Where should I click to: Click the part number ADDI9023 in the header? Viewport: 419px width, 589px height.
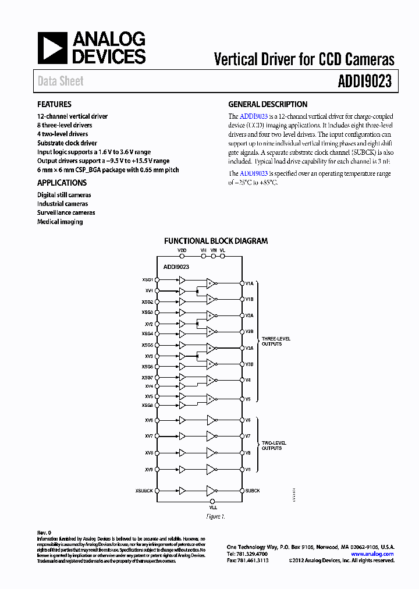click(x=364, y=81)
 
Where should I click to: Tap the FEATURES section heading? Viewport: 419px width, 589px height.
click(x=54, y=105)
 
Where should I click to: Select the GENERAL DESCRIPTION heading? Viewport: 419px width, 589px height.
click(x=268, y=105)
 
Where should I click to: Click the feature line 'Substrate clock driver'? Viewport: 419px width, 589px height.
click(x=67, y=143)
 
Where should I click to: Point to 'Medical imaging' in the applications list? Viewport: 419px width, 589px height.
click(x=60, y=222)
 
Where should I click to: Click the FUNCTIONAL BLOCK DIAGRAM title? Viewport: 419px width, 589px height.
click(x=216, y=241)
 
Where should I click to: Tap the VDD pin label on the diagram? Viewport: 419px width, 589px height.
click(x=182, y=250)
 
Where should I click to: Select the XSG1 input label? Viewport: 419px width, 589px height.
click(x=147, y=279)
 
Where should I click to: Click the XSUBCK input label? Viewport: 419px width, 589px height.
click(x=143, y=491)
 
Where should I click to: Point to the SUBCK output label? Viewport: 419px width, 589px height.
click(x=252, y=491)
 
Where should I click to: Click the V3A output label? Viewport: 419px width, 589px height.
click(x=249, y=347)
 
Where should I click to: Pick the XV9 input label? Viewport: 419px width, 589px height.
click(x=149, y=469)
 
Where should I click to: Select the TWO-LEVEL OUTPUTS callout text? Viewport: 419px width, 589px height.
click(x=272, y=445)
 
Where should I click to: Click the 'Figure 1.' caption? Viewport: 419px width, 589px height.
click(x=215, y=517)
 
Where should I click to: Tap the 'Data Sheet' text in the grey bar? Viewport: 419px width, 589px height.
click(x=61, y=81)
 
